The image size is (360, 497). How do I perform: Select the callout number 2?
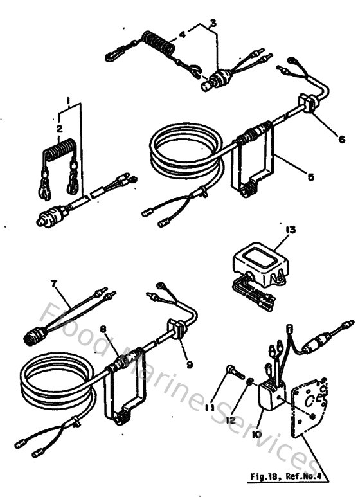[x=59, y=129]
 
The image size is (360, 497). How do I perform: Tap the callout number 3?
[x=212, y=23]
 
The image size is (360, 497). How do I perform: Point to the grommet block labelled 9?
[x=175, y=332]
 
